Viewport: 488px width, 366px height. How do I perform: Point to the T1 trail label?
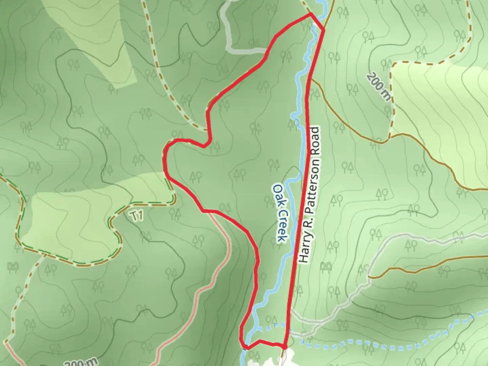point(137,216)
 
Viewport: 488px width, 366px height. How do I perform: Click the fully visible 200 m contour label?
point(379,86)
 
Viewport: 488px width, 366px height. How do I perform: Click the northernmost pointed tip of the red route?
point(310,14)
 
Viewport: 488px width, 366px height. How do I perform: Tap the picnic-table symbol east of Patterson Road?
point(326,266)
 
